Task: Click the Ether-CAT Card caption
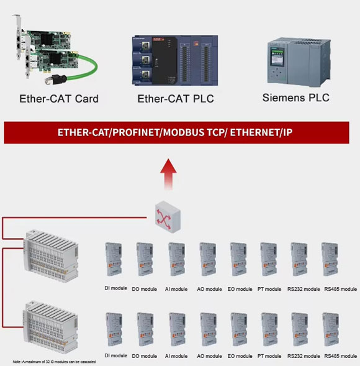click(58, 98)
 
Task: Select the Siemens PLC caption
click(295, 98)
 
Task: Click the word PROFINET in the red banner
click(132, 133)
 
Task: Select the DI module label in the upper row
click(115, 288)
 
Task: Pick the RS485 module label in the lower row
click(340, 356)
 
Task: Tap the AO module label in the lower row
click(209, 356)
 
